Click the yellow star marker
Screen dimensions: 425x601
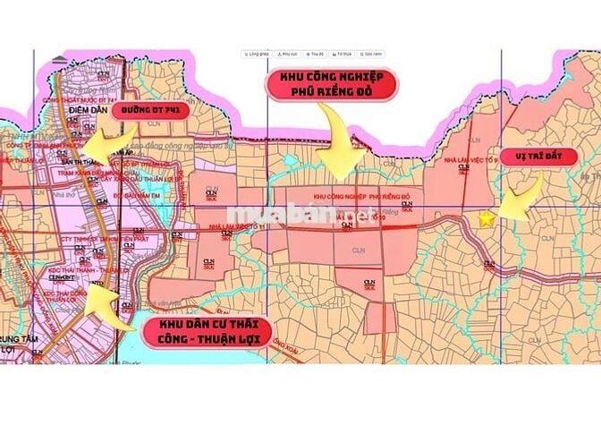(x=487, y=217)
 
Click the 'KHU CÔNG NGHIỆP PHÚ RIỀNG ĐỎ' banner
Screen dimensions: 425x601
(x=332, y=88)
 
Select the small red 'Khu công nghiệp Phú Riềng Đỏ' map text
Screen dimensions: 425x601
(x=361, y=195)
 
